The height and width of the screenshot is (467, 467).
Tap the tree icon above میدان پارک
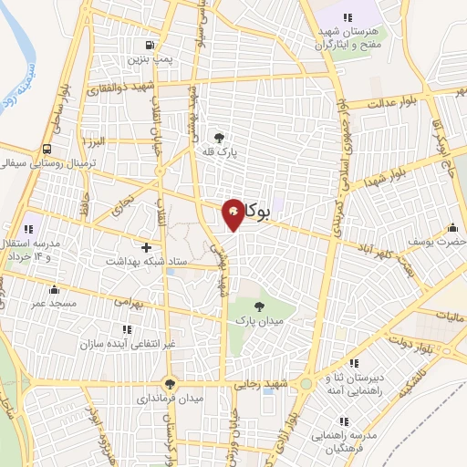(x=261, y=306)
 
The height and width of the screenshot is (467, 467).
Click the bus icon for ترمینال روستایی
(x=46, y=149)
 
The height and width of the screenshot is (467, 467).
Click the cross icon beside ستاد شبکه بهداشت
(x=146, y=247)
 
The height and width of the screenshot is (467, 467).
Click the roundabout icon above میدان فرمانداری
(x=169, y=384)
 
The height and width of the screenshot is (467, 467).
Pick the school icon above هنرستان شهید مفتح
(x=348, y=17)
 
